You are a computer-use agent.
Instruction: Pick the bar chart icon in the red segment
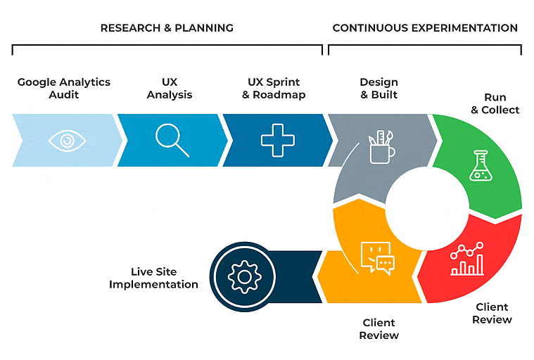pyautogui.click(x=467, y=259)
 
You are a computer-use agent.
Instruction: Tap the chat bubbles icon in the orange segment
pyautogui.click(x=377, y=258)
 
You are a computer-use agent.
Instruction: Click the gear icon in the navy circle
pyautogui.click(x=245, y=276)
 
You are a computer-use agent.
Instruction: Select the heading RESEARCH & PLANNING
pyautogui.click(x=167, y=28)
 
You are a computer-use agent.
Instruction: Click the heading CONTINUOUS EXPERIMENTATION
pyautogui.click(x=425, y=28)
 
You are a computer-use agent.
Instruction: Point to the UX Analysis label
pyautogui.click(x=170, y=89)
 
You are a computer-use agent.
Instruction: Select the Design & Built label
pyautogui.click(x=379, y=89)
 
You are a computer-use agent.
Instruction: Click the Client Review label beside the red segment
pyautogui.click(x=492, y=314)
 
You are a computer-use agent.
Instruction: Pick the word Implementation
pyautogui.click(x=153, y=285)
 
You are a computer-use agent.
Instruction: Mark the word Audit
pyautogui.click(x=64, y=95)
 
